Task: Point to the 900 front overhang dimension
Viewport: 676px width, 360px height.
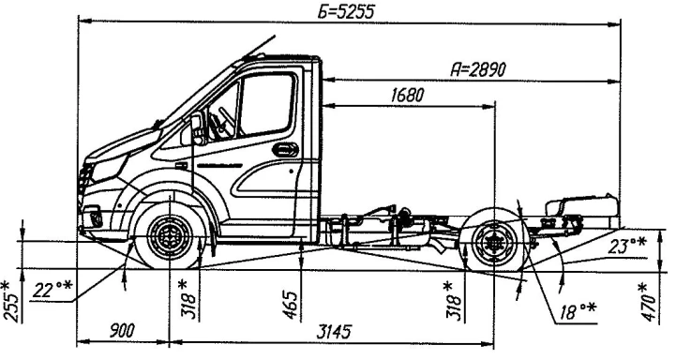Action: tap(122, 331)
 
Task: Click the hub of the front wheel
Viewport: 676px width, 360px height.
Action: tap(168, 237)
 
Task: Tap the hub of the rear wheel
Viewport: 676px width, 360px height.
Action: tap(492, 246)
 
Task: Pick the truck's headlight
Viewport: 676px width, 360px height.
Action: tap(104, 171)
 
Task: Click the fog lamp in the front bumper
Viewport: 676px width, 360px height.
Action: tap(94, 219)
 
